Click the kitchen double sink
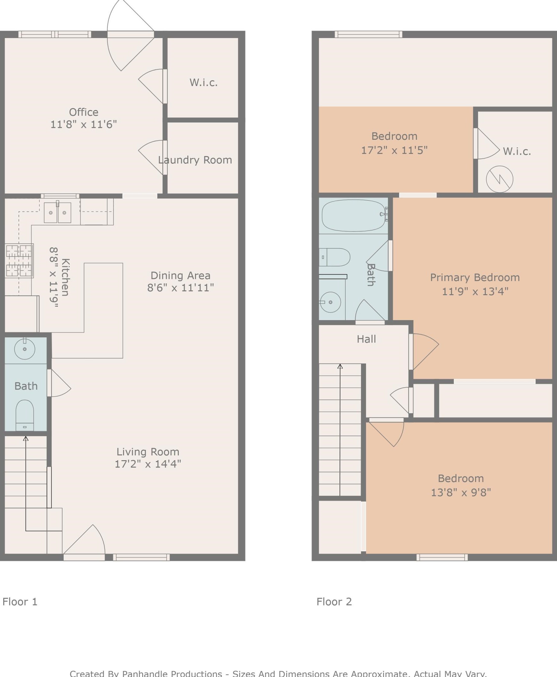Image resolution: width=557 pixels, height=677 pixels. tap(58, 212)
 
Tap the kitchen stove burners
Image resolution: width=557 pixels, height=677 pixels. tap(20, 261)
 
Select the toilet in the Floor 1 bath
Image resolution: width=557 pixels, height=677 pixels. tap(25, 415)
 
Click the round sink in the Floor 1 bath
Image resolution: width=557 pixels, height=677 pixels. tap(25, 349)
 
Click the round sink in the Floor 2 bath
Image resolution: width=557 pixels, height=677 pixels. tap(330, 302)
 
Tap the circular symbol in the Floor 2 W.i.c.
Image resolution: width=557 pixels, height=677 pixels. tap(499, 179)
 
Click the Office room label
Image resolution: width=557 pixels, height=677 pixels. tap(84, 112)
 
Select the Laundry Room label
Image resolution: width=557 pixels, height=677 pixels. tap(195, 160)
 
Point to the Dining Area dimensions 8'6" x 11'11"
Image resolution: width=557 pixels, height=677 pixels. tap(181, 287)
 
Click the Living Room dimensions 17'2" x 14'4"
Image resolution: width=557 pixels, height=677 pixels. tap(148, 464)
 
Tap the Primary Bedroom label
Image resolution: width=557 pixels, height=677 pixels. tap(475, 278)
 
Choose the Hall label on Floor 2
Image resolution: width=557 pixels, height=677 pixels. tap(366, 339)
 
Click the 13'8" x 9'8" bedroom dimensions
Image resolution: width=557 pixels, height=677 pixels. tap(461, 492)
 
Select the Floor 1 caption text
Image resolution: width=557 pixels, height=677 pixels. tap(20, 602)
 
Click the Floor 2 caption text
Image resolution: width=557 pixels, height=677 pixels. tap(334, 602)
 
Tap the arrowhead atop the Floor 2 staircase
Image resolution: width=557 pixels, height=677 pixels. tap(340, 366)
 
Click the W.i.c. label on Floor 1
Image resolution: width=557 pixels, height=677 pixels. tap(204, 83)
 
